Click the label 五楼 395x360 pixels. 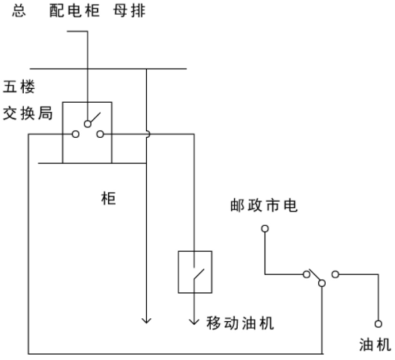pos(19,86)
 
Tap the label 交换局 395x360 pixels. pos(28,113)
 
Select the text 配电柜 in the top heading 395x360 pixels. pos(75,11)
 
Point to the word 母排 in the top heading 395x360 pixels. pos(129,11)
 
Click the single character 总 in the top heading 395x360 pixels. pos(19,11)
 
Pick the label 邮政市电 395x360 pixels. pos(264,205)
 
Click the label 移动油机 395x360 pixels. pos(240,323)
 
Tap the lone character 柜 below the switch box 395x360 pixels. pos(108,198)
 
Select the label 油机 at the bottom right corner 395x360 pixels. pos(375,344)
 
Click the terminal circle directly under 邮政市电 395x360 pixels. pos(265,229)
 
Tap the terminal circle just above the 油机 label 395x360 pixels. pos(378,323)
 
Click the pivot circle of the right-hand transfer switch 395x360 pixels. pos(322,283)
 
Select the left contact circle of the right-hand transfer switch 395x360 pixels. pos(306,274)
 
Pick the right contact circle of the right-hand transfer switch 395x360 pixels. pos(335,274)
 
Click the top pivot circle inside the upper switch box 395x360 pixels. pos(87,124)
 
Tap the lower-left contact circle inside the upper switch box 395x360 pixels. pos(75,134)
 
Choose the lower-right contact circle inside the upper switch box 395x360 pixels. pos(101,134)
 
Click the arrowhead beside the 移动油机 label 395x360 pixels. pos(194,321)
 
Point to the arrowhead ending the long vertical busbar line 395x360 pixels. pos(146,320)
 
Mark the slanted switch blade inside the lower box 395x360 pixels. pos(199,274)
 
